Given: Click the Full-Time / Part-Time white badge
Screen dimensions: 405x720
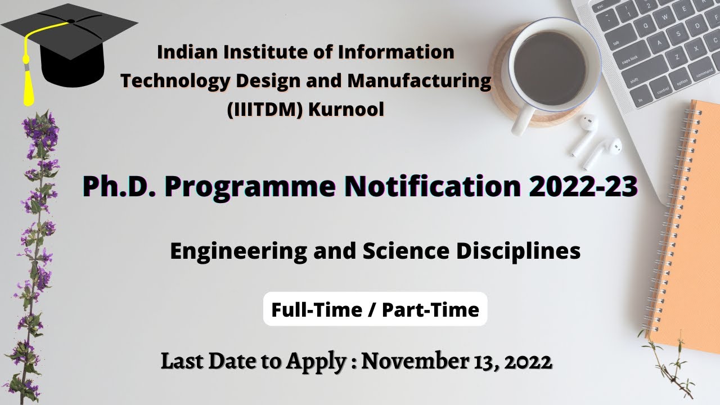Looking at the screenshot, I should pos(375,309).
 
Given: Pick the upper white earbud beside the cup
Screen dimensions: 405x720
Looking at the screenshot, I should pos(585,132).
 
